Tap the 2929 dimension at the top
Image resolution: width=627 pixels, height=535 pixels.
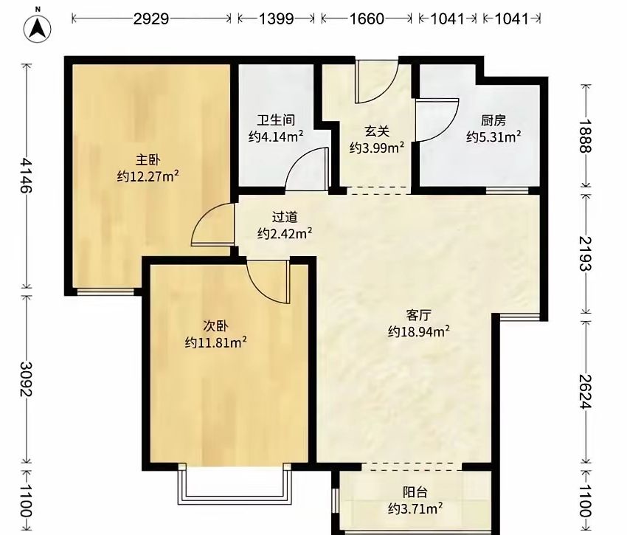(151, 18)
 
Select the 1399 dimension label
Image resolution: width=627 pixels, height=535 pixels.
(277, 18)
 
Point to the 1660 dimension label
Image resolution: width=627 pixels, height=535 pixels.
(367, 18)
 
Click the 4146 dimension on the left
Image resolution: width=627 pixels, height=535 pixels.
(27, 176)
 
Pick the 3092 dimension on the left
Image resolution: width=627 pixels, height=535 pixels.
(27, 379)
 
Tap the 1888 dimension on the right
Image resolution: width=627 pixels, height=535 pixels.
(586, 136)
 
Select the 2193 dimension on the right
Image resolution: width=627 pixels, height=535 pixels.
(586, 253)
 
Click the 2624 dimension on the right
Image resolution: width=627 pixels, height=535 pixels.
(586, 392)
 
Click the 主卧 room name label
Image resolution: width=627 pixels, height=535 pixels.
(148, 160)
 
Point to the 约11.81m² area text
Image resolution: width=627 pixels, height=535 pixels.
(215, 342)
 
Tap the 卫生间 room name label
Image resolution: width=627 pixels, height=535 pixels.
(276, 120)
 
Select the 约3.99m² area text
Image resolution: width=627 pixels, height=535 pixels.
(377, 148)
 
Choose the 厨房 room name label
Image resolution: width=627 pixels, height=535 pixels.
(493, 120)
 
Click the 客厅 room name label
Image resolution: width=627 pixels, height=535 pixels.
(419, 315)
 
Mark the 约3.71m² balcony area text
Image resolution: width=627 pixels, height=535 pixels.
(415, 508)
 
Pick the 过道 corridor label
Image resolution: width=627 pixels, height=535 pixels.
(285, 217)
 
